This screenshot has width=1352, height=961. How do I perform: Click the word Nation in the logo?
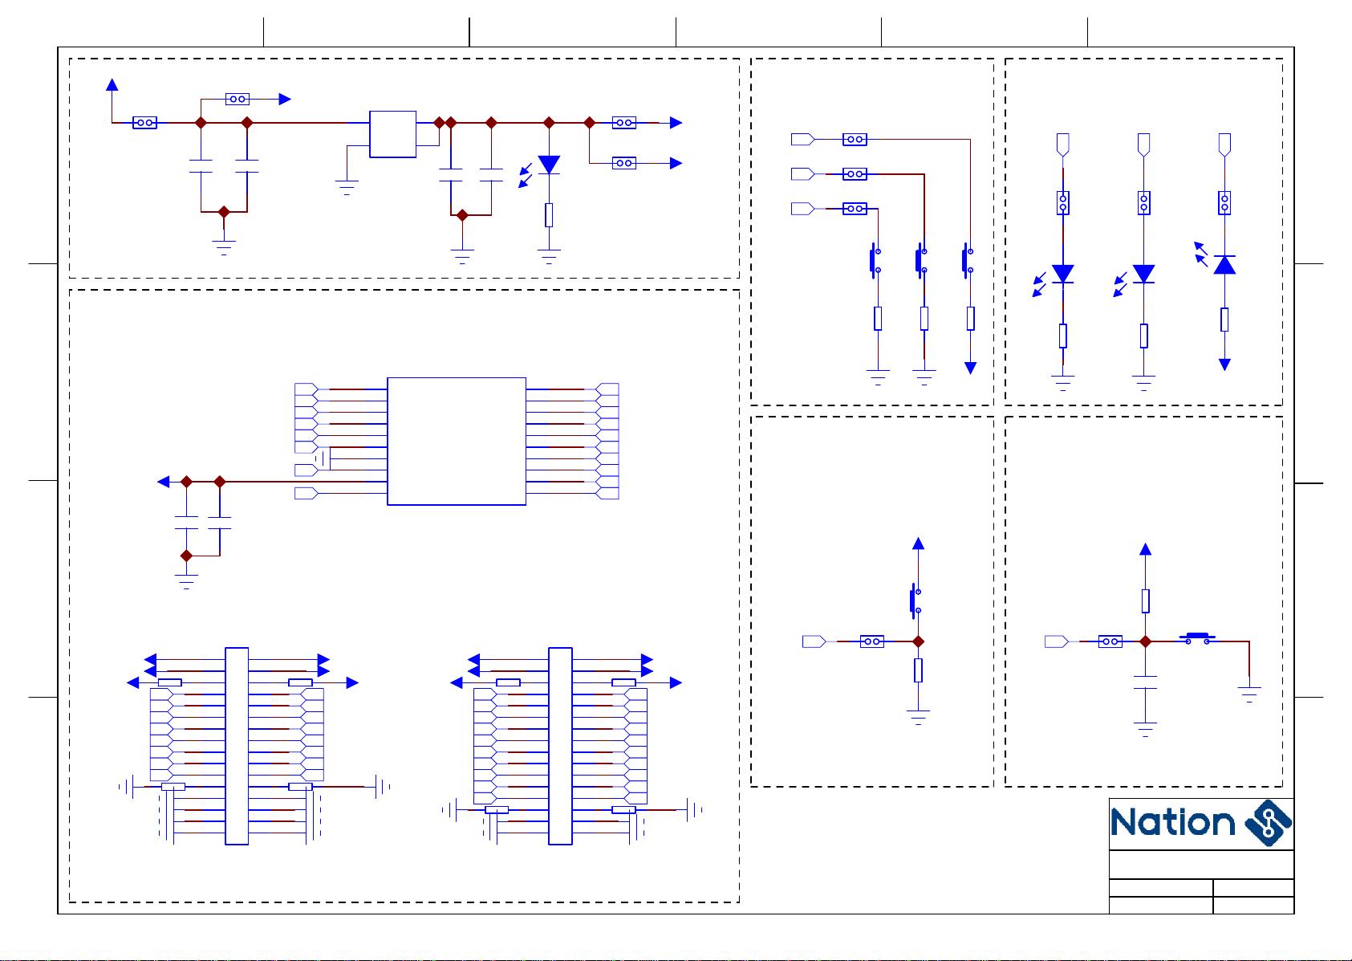pyautogui.click(x=1172, y=823)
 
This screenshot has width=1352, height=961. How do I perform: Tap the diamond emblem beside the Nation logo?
pyautogui.click(x=1268, y=823)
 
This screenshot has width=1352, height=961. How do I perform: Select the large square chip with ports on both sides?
pyautogui.click(x=456, y=441)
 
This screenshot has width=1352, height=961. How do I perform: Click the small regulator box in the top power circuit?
pyautogui.click(x=392, y=134)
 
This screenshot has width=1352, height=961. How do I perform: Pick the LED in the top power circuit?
pyautogui.click(x=549, y=165)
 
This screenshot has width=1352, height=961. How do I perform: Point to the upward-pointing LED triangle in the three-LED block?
pyautogui.click(x=1224, y=265)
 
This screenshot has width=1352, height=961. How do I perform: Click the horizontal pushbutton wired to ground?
pyautogui.click(x=1196, y=639)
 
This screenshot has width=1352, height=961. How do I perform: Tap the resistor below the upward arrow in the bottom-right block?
pyautogui.click(x=1146, y=601)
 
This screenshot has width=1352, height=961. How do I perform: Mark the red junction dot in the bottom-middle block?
pyautogui.click(x=919, y=641)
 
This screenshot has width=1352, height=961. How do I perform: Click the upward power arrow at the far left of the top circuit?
pyautogui.click(x=112, y=84)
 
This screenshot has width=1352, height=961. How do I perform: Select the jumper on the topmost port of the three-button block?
pyautogui.click(x=855, y=140)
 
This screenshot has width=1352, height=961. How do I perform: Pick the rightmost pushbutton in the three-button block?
pyautogui.click(x=967, y=262)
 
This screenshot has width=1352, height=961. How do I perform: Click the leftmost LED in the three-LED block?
pyautogui.click(x=1063, y=274)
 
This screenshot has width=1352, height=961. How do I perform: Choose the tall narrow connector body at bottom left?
pyautogui.click(x=237, y=746)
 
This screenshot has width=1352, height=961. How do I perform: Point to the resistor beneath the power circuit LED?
pyautogui.click(x=549, y=215)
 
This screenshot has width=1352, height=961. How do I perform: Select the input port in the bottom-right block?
pyautogui.click(x=1056, y=641)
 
